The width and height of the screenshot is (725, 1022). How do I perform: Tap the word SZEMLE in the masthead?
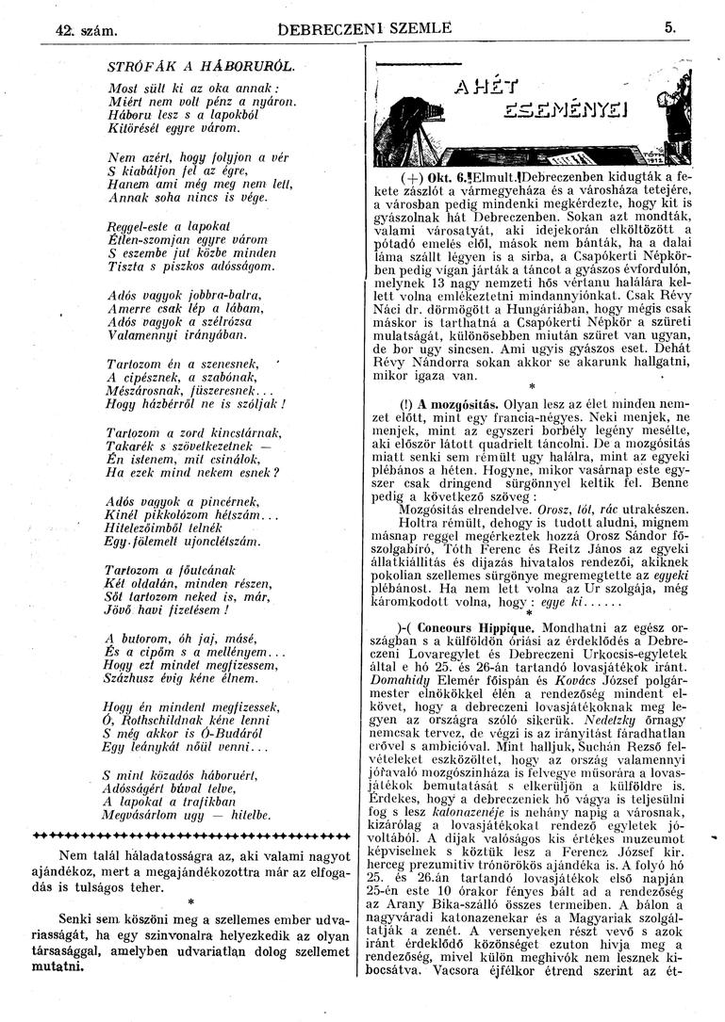tap(412, 29)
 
